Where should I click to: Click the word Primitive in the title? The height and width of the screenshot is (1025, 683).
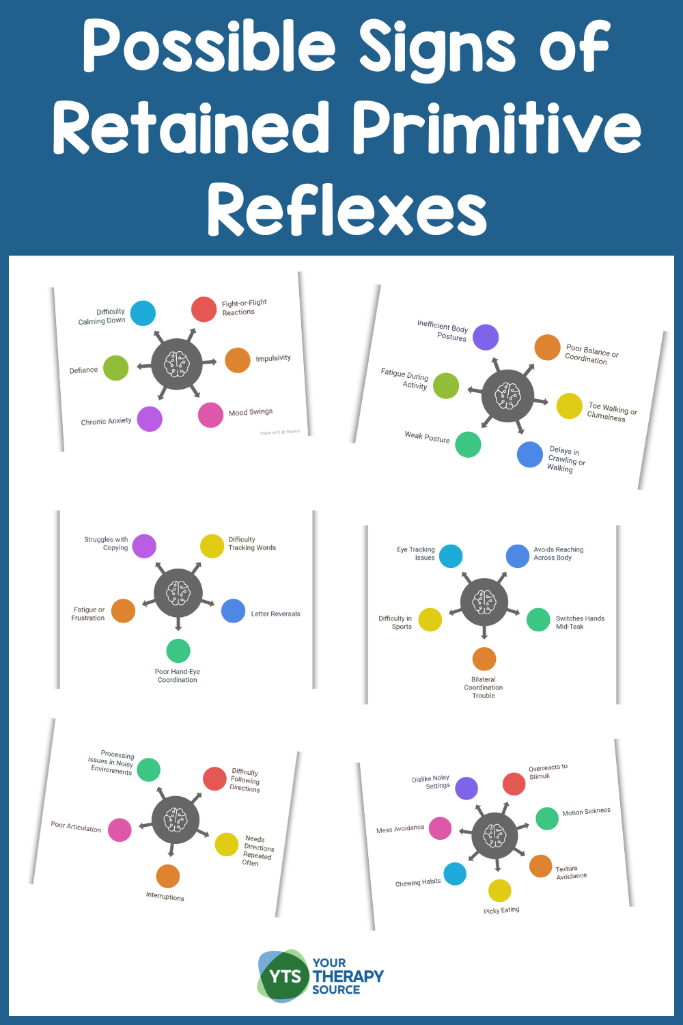(x=497, y=128)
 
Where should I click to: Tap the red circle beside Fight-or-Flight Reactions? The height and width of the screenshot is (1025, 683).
(x=204, y=310)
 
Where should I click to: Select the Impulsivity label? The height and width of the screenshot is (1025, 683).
(x=273, y=358)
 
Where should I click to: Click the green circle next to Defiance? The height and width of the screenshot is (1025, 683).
(x=115, y=368)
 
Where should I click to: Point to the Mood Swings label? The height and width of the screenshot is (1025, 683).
(x=251, y=412)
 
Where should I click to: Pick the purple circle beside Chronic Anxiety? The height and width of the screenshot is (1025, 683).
(x=149, y=419)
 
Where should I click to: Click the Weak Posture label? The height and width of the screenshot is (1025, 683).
(x=427, y=437)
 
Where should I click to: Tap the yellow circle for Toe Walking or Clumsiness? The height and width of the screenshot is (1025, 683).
(x=569, y=406)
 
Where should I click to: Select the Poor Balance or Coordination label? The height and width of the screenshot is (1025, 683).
(x=591, y=355)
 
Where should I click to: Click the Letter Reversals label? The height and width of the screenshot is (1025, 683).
(x=275, y=614)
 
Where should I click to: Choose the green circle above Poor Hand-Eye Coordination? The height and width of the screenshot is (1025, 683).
(x=178, y=651)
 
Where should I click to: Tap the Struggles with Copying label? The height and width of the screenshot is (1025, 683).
(x=107, y=543)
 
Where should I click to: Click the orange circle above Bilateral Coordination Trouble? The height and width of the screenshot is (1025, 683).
(x=484, y=659)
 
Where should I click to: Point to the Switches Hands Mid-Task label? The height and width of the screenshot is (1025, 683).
(x=579, y=623)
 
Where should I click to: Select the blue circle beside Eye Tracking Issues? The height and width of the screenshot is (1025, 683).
(x=451, y=556)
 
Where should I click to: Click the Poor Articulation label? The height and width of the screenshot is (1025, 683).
(x=76, y=826)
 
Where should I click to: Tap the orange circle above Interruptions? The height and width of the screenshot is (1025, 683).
(x=167, y=876)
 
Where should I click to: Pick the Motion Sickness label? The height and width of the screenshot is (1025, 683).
(x=586, y=812)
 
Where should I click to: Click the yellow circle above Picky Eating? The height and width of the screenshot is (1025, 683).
(x=499, y=890)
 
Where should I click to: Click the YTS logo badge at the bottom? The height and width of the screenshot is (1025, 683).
(x=283, y=976)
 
